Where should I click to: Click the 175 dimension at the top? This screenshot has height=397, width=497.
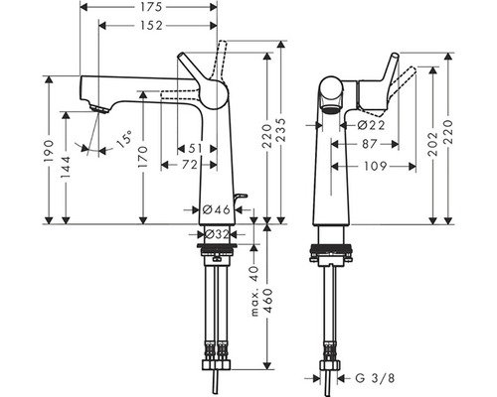click(151, 7)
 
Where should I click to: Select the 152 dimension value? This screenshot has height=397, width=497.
click(151, 26)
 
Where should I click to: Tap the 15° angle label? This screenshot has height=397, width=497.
click(124, 139)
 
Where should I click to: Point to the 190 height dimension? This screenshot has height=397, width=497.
click(49, 151)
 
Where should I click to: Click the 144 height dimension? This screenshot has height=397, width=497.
click(67, 168)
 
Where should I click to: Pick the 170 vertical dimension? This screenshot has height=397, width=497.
click(143, 157)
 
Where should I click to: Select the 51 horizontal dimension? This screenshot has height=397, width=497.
click(195, 149)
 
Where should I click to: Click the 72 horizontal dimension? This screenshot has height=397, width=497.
click(190, 165)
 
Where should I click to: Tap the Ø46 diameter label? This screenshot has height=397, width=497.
click(217, 209)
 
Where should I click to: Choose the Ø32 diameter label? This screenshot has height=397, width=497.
click(217, 234)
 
